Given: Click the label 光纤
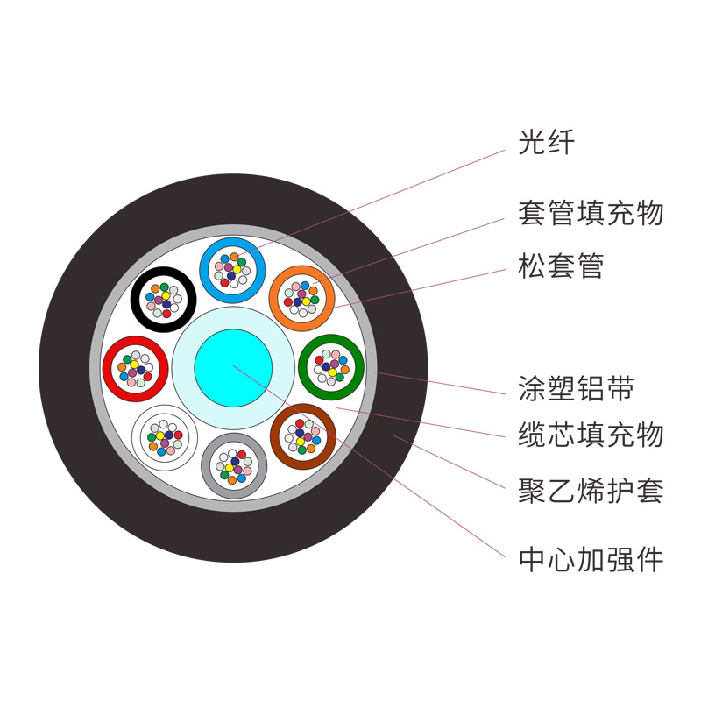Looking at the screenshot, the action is [546, 142].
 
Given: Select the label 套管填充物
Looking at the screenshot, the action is [591, 212].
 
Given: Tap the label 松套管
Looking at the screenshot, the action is [561, 266].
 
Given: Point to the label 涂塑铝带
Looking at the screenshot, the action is [576, 387].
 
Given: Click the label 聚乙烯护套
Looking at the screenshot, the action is [591, 491].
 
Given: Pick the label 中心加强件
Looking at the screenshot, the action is [591, 559].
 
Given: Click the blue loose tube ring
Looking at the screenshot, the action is [204, 270].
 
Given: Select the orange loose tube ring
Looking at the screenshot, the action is [273, 298].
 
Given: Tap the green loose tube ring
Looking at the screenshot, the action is [302, 367].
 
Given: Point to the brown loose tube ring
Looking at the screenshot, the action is [275, 436].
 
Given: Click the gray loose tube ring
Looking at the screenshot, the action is [206, 466].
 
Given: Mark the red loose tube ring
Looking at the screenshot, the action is [107, 369].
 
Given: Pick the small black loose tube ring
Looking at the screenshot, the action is [135, 300].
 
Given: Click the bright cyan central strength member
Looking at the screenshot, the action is [233, 368].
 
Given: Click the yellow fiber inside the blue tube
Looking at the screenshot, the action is [237, 270].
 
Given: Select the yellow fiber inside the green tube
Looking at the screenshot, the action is [332, 372].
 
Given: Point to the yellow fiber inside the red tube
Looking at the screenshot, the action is [134, 365].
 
